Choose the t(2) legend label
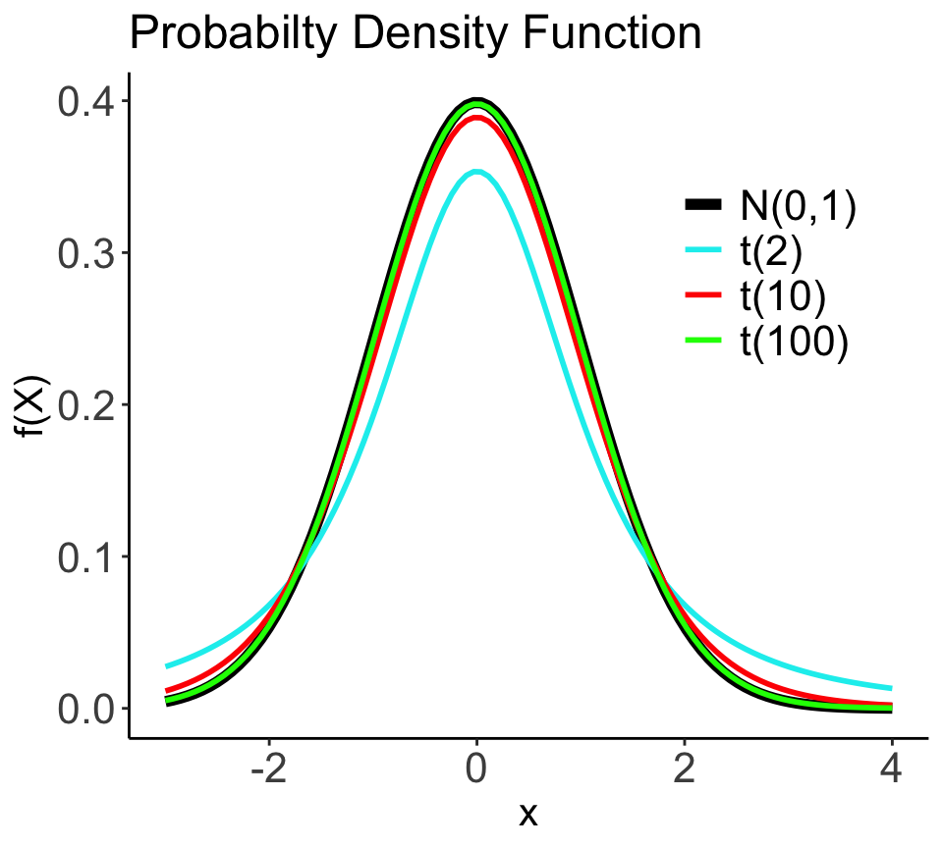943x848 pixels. coord(772,250)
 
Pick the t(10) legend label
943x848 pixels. coord(784,295)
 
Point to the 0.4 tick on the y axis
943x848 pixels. coord(86,102)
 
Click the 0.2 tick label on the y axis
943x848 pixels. coord(86,405)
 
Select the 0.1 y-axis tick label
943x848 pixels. coord(86,557)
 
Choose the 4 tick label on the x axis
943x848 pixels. coord(891,769)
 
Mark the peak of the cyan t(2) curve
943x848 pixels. coord(476,172)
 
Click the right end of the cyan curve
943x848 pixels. coord(890,688)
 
